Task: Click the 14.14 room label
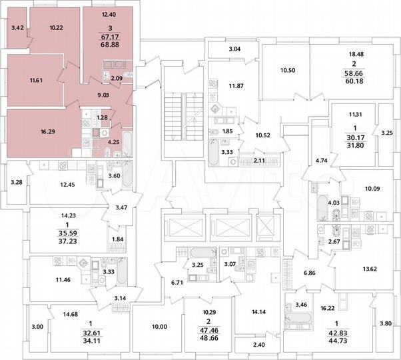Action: (257, 311)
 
